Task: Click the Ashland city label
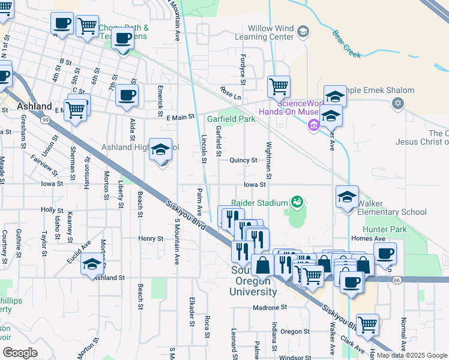[34, 106]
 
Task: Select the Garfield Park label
[231, 119]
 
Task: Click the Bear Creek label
[346, 44]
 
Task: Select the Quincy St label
[243, 160]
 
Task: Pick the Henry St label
[151, 238]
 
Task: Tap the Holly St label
[52, 210]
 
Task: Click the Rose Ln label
[230, 93]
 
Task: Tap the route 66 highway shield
[396, 280]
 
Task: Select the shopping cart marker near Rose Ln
[279, 86]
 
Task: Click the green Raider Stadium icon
[296, 203]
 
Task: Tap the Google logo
[20, 353]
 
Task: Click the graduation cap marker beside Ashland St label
[92, 265]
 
